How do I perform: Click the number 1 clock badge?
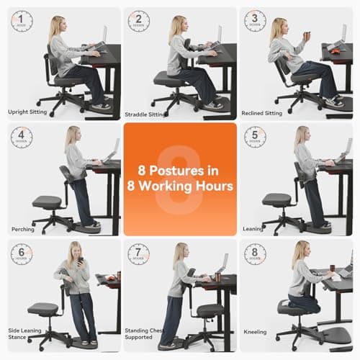click(22, 21)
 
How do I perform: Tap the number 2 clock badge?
click(138, 21)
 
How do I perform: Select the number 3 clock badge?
click(255, 21)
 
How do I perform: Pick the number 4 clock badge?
click(22, 137)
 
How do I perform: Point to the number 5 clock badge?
click(255, 137)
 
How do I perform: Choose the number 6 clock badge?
click(22, 253)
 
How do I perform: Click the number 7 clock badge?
click(138, 253)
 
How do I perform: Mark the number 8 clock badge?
click(255, 253)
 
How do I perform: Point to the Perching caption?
click(22, 229)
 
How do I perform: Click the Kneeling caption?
click(255, 332)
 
